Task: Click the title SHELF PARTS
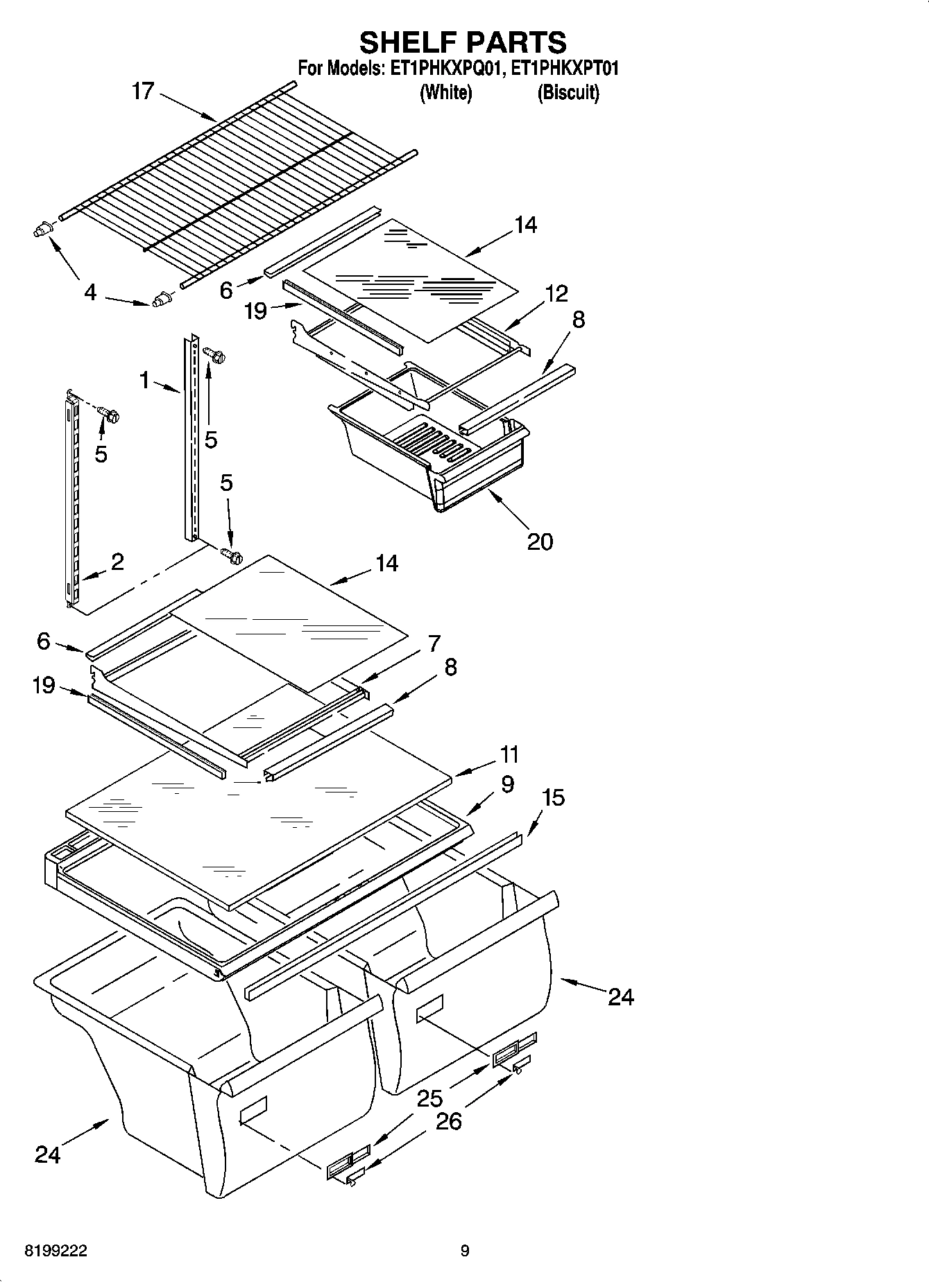coord(463,43)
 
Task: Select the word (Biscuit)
coord(568,92)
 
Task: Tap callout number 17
coord(143,92)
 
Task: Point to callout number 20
coord(540,542)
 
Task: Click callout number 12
coord(556,294)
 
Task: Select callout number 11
coord(510,754)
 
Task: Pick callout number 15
coord(553,798)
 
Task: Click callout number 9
coord(507,784)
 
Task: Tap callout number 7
coord(434,643)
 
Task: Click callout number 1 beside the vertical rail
coord(144,379)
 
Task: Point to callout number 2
coord(117,562)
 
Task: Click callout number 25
coord(430,1098)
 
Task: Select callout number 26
coord(448,1121)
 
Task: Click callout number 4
coord(90,293)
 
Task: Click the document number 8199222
coord(56,1251)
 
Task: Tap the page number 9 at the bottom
coord(465,1251)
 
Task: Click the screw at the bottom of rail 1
coord(231,555)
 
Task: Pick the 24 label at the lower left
coord(47,1154)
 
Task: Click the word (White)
coord(446,92)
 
